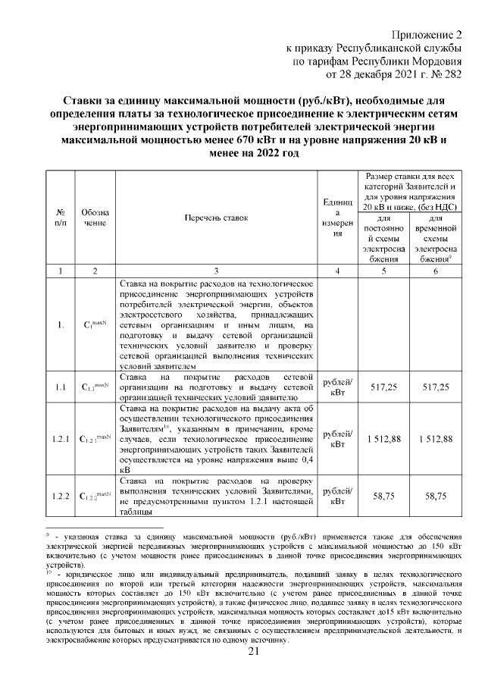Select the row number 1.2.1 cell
point(61,438)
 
